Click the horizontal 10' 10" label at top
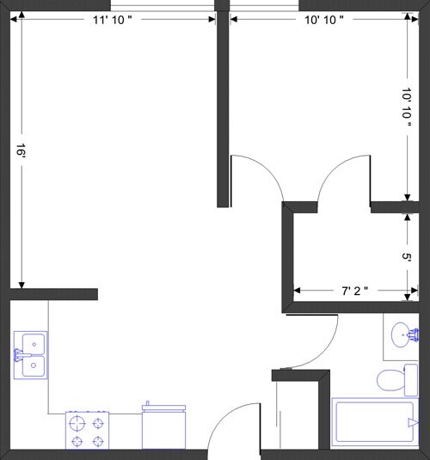coord(324,21)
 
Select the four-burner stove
coord(89,430)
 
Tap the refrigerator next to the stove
coord(163,426)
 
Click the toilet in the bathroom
coord(395,379)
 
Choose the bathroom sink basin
coord(401,334)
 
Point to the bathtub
coord(375,423)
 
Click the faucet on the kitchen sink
coord(17,354)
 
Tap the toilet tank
coord(411,379)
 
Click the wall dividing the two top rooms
coord(223,103)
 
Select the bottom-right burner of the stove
coord(100,440)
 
